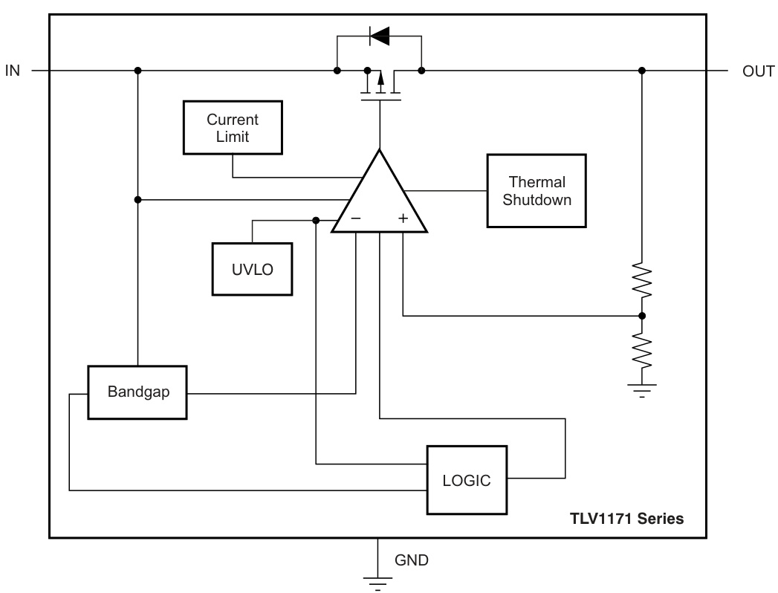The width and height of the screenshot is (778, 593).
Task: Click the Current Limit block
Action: coord(233,127)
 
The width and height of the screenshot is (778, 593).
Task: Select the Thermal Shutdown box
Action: coord(537,190)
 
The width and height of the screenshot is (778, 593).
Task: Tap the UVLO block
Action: coord(251,269)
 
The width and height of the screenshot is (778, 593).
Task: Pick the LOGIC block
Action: coord(467,479)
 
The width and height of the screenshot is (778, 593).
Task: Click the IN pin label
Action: coord(13,71)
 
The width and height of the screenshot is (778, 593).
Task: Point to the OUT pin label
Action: coord(758,71)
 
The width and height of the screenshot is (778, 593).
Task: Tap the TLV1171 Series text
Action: coord(626,519)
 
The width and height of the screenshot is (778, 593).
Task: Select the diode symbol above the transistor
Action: coord(379,35)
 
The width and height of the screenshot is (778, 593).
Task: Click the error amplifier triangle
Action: coord(380,197)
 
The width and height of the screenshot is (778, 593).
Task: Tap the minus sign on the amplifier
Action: coord(355,219)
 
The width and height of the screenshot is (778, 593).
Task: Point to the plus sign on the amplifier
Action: coord(403,219)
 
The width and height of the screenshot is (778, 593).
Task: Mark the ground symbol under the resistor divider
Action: coord(642,389)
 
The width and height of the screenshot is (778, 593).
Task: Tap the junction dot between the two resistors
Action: coord(642,316)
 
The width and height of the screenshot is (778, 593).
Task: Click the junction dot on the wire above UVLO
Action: coord(317,220)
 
